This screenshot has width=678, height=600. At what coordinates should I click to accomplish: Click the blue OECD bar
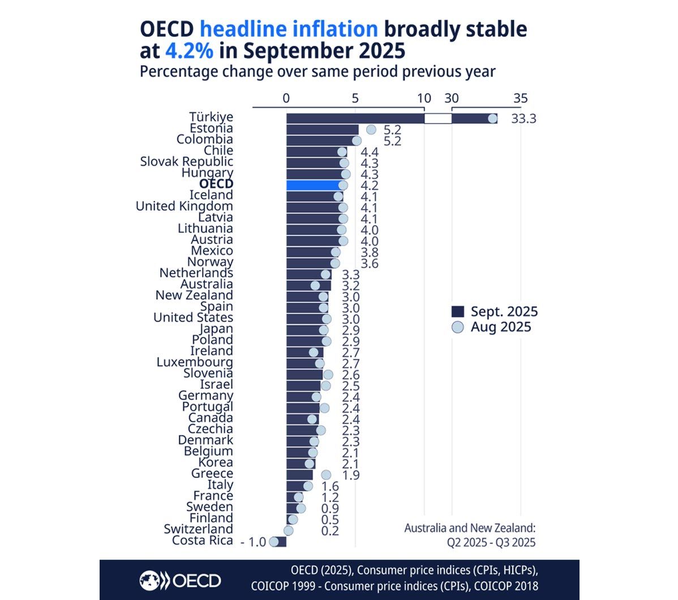[314, 185]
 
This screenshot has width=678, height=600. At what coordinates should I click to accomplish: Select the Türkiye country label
[211, 117]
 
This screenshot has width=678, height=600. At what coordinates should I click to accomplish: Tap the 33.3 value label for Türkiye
[523, 119]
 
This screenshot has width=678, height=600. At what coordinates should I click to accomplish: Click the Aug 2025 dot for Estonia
[371, 130]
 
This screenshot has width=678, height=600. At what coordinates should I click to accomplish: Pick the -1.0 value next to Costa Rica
[253, 542]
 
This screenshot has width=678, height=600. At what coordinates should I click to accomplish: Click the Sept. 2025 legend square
[457, 312]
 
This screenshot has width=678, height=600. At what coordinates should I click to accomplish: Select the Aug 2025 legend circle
[457, 327]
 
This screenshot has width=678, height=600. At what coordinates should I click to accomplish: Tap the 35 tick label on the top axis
[520, 98]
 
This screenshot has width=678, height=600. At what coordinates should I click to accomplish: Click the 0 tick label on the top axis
[286, 98]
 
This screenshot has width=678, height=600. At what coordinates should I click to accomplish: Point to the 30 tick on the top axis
[452, 98]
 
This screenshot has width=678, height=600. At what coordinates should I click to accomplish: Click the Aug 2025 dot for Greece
[326, 475]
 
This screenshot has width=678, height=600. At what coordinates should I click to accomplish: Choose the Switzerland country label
[198, 529]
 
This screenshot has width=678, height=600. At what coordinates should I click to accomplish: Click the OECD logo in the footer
[181, 580]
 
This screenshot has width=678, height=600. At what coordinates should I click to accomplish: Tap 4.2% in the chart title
[189, 51]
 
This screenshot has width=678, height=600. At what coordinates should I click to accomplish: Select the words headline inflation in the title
[289, 29]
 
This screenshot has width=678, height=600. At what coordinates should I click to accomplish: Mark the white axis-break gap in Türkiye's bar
[438, 118]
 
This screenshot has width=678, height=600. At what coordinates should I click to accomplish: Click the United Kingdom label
[184, 206]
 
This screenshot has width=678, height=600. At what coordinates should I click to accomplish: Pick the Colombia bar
[321, 140]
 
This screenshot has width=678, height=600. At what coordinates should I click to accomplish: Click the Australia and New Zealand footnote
[470, 535]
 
